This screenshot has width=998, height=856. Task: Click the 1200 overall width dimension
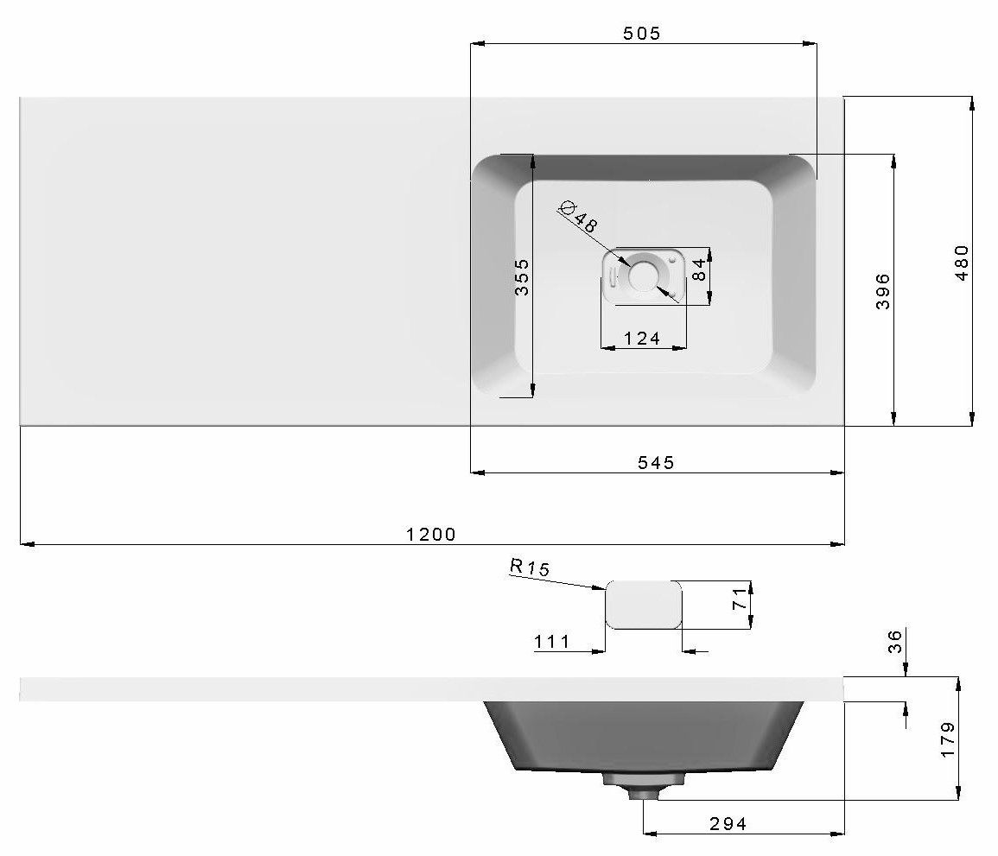(431, 534)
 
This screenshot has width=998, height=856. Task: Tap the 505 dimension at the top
(641, 33)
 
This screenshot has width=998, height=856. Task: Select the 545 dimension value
(656, 462)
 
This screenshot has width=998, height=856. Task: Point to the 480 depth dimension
(962, 263)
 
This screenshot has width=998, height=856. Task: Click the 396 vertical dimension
(883, 291)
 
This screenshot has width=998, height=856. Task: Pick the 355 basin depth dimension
(521, 276)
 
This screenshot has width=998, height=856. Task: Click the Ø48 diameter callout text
(578, 216)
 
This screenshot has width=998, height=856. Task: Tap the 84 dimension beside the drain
(698, 269)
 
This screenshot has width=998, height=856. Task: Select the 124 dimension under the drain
(641, 338)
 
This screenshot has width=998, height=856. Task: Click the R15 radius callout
(530, 567)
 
